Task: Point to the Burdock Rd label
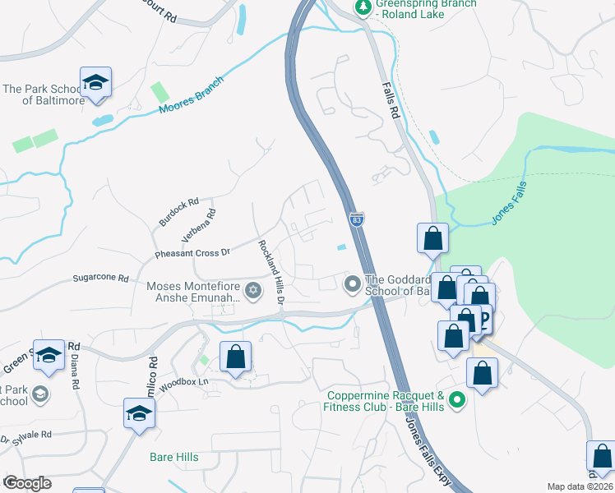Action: (179, 212)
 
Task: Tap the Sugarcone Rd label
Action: (101, 279)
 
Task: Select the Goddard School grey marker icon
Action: (353, 284)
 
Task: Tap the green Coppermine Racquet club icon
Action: (458, 401)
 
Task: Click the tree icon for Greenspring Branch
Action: (363, 7)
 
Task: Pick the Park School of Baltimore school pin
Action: (95, 83)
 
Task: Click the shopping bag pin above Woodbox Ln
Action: (235, 357)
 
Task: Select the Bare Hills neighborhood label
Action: (173, 457)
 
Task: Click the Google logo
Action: (27, 482)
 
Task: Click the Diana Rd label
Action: (75, 371)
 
